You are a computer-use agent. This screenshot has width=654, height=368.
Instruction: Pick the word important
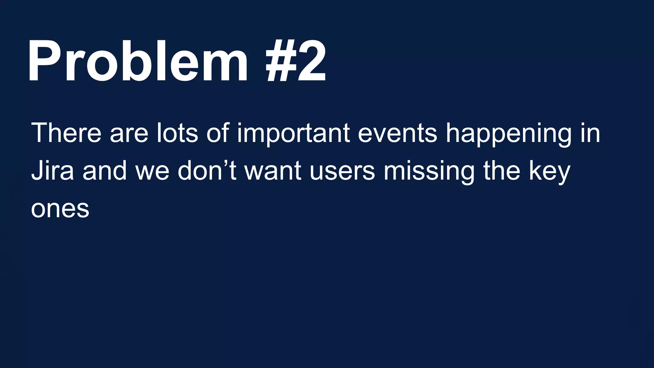(x=293, y=134)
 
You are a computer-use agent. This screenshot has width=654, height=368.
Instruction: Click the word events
(x=397, y=133)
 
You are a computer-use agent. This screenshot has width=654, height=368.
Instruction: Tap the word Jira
(x=52, y=171)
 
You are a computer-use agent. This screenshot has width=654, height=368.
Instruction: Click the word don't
(x=207, y=171)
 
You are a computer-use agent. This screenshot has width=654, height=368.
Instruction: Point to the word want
(x=273, y=171)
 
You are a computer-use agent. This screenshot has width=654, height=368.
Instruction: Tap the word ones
(x=60, y=209)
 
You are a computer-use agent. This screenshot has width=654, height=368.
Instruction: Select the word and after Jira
(x=105, y=171)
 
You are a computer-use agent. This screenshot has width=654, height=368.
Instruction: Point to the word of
(x=218, y=133)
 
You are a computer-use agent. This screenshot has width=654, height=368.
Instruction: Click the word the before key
(x=501, y=171)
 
